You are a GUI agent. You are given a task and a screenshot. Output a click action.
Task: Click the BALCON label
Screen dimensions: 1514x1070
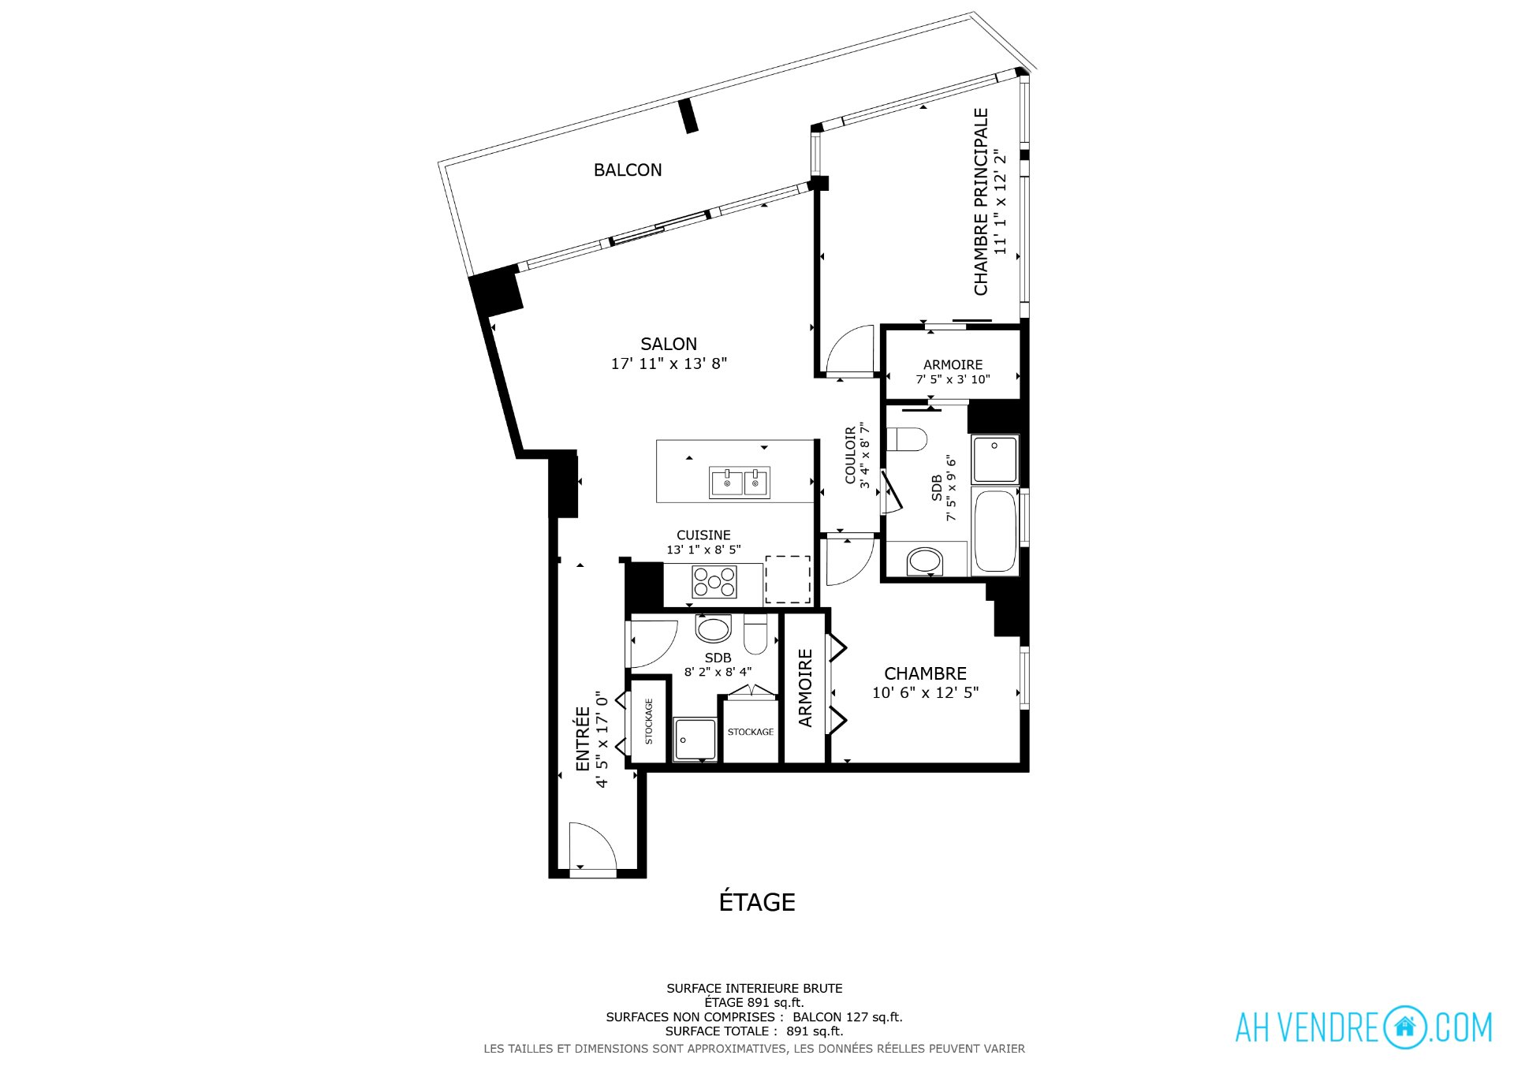628,170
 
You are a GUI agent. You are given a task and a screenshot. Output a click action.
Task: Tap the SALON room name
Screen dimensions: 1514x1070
669,344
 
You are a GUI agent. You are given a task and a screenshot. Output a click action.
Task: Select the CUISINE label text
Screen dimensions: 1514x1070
703,535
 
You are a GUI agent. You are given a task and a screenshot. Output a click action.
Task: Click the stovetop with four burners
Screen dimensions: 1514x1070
714,582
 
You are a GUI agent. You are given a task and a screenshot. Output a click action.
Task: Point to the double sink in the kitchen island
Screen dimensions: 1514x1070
740,483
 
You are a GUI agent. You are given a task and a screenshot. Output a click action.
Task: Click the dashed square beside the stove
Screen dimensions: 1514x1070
788,580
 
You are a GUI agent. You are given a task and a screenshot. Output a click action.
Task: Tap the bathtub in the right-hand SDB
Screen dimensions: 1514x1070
995,531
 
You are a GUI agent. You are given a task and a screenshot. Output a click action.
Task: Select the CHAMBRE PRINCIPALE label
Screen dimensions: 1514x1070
981,202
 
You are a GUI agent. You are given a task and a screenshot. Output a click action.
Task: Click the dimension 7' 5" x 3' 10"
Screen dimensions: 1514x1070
953,379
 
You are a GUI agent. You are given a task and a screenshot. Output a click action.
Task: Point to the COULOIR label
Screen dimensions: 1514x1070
850,455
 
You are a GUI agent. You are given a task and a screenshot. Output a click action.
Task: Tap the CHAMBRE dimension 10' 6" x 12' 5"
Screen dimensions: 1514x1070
925,692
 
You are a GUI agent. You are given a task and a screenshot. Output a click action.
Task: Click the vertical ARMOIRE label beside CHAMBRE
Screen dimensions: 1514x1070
805,688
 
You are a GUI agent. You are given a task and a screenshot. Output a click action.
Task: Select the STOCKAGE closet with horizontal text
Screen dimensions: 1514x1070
751,732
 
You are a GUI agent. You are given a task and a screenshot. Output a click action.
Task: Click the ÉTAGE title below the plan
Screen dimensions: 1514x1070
757,901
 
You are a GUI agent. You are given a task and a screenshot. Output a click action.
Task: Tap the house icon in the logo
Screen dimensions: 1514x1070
1404,1027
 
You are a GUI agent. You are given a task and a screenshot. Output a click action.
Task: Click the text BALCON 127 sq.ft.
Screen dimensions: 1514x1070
848,1017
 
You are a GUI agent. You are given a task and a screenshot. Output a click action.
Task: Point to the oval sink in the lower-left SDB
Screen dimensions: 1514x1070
713,630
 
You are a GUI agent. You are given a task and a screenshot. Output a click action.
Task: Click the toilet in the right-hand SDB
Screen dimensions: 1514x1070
907,439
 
